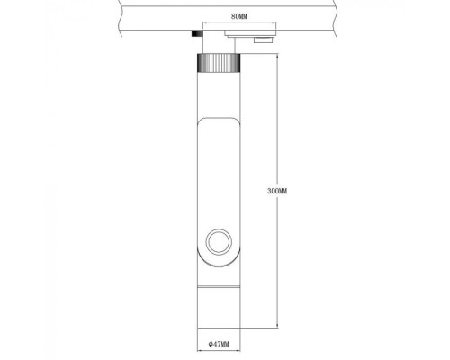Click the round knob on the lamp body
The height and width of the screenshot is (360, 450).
[x=218, y=241]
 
